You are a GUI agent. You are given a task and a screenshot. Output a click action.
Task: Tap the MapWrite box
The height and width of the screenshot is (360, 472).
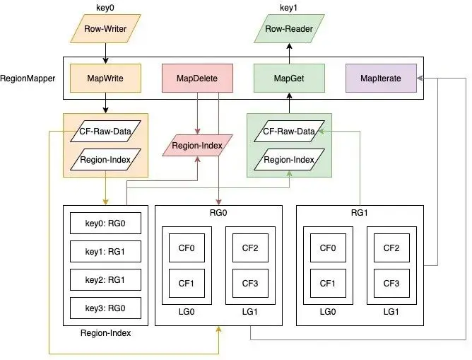pyautogui.click(x=105, y=79)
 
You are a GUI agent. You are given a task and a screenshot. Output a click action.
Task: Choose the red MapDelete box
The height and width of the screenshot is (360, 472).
pyautogui.click(x=197, y=79)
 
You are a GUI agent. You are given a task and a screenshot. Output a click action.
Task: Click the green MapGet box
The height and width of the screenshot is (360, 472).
pyautogui.click(x=288, y=79)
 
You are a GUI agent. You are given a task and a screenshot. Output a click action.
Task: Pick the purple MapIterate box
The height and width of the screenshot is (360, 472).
pyautogui.click(x=380, y=79)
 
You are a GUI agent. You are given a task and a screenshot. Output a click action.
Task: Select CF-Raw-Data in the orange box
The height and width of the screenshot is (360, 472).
pyautogui.click(x=105, y=132)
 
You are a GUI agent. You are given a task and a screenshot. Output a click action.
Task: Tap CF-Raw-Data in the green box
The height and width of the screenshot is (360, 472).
pyautogui.click(x=288, y=132)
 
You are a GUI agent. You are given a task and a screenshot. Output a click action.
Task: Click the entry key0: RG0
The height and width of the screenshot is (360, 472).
pyautogui.click(x=105, y=223)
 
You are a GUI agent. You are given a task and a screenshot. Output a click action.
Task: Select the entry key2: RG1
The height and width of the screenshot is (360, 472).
pyautogui.click(x=105, y=279)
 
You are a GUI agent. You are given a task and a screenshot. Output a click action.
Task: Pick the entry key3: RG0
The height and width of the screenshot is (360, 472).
pyautogui.click(x=105, y=308)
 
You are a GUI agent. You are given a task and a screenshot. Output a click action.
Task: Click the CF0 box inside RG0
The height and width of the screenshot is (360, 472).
pyautogui.click(x=187, y=248)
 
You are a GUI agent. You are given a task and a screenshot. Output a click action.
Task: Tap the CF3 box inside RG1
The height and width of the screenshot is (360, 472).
pyautogui.click(x=391, y=284)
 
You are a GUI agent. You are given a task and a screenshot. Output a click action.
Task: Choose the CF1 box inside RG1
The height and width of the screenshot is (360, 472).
pyautogui.click(x=327, y=284)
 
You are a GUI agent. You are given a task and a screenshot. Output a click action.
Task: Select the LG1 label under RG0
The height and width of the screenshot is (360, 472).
pyautogui.click(x=250, y=312)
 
